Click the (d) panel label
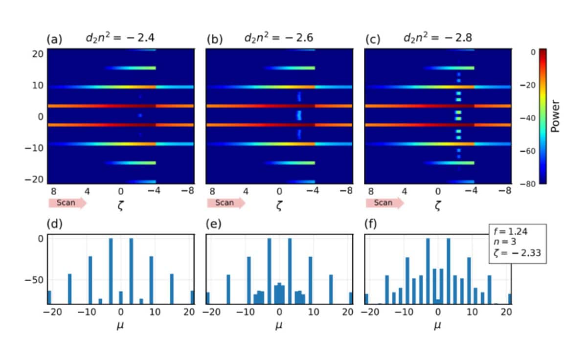(x=54, y=225)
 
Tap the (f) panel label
(x=372, y=225)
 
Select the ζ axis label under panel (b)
(x=279, y=206)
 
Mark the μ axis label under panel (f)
(x=437, y=325)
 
